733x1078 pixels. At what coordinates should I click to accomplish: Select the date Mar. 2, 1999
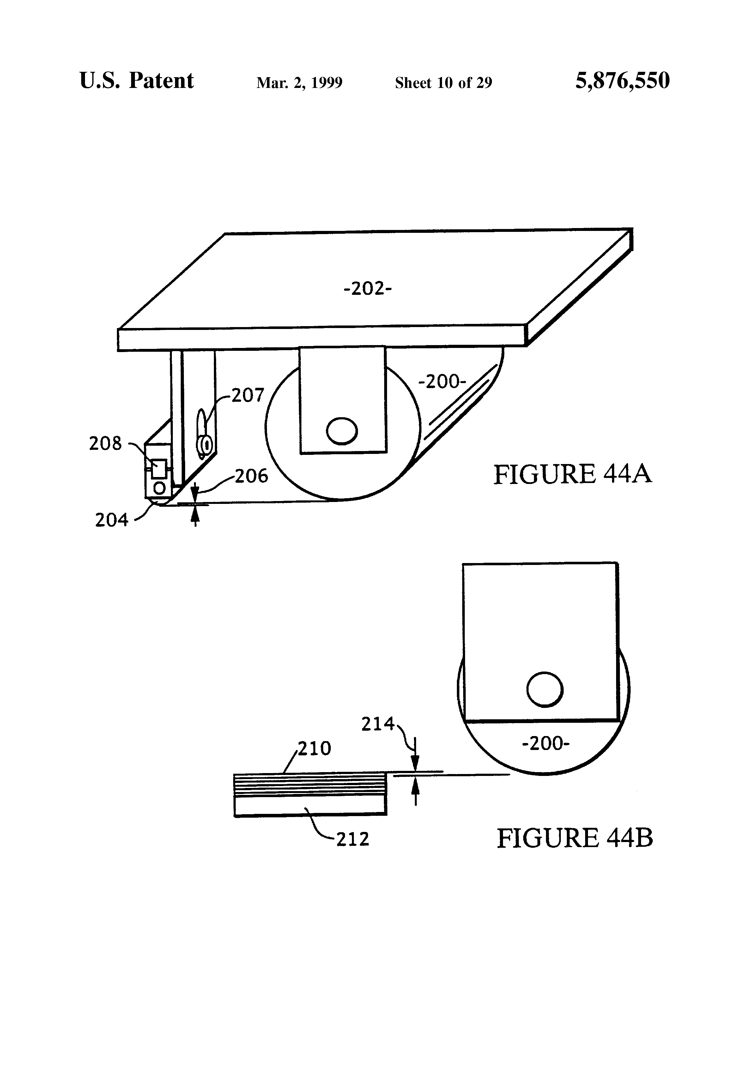[299, 83]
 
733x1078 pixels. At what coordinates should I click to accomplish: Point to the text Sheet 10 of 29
[443, 83]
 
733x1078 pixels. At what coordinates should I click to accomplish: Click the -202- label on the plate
[367, 289]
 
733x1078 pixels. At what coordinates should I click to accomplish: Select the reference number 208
[105, 443]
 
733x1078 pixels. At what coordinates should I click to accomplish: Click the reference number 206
[251, 476]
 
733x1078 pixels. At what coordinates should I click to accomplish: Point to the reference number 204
[111, 520]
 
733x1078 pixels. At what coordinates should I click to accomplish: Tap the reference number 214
[378, 724]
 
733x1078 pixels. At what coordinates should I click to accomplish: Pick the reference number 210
[314, 748]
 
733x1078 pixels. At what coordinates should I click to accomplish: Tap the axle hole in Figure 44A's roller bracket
[342, 431]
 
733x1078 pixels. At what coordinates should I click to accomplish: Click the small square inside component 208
[159, 468]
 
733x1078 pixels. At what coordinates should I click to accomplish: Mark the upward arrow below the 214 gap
[415, 790]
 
